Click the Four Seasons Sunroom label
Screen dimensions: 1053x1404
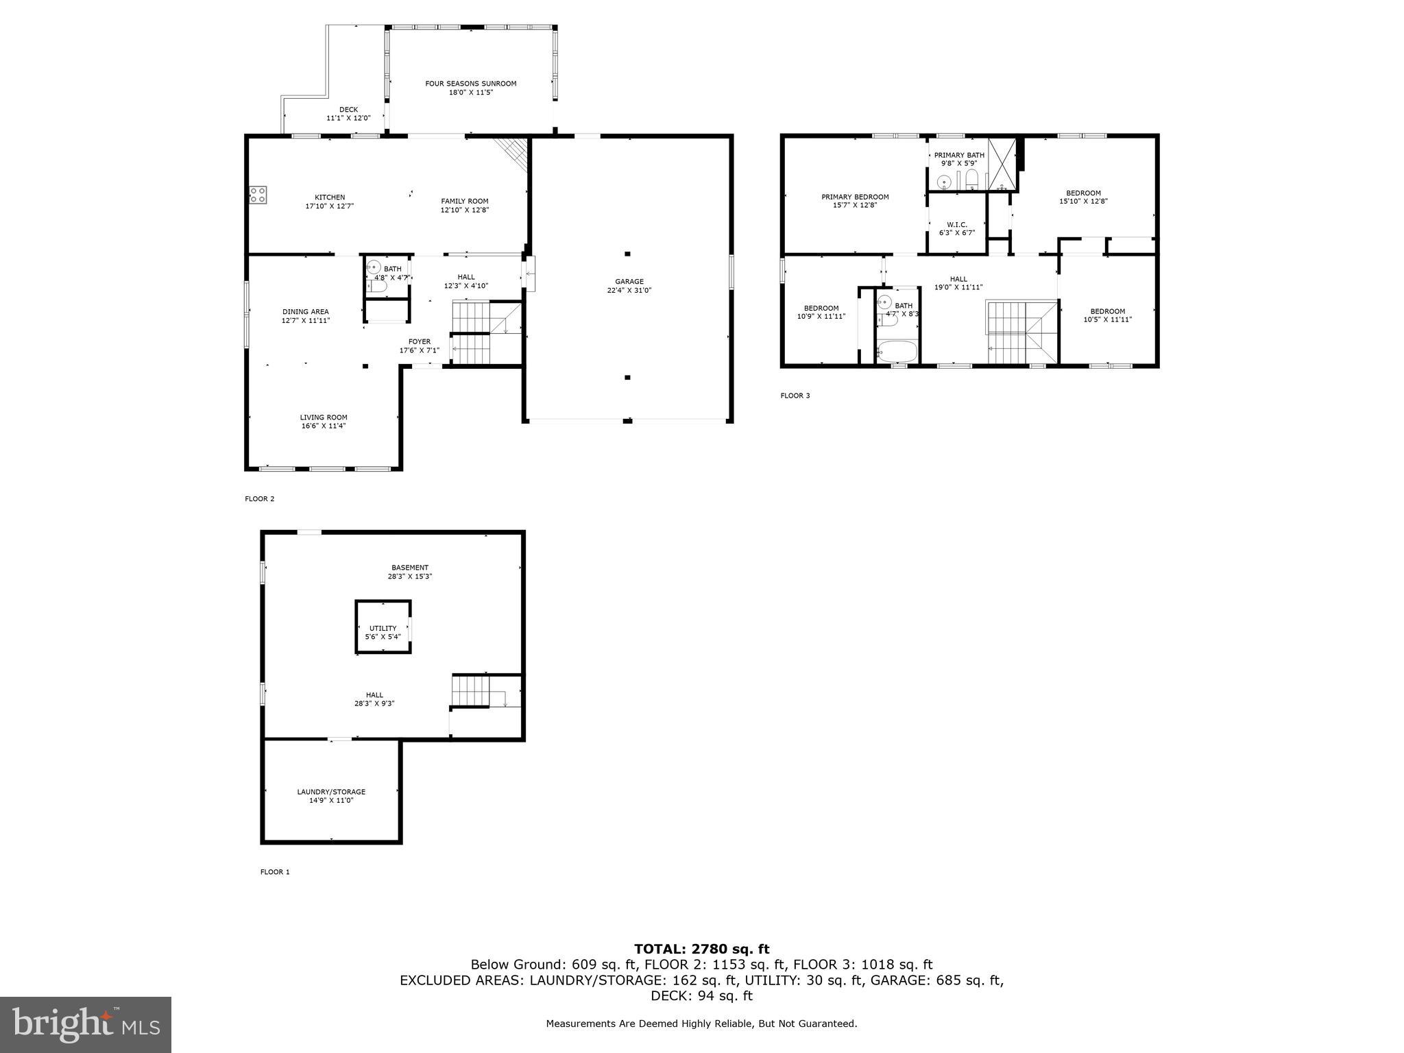click(x=470, y=84)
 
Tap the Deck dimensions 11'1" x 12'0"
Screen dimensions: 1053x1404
click(x=348, y=118)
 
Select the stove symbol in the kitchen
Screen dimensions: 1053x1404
click(x=258, y=194)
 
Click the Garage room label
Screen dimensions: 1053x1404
click(x=629, y=281)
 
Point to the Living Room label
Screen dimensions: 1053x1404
click(x=324, y=417)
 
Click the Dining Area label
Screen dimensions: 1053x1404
click(x=305, y=311)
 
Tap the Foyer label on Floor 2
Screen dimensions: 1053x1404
click(x=420, y=341)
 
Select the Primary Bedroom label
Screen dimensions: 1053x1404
click(x=855, y=197)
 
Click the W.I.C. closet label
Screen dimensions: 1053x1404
click(x=956, y=224)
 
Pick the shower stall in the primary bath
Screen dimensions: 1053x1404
click(x=1002, y=165)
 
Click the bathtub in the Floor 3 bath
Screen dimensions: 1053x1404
click(x=897, y=351)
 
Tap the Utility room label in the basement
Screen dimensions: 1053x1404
click(x=383, y=628)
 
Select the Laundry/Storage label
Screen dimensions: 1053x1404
click(x=331, y=792)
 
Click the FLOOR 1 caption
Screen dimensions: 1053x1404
click(x=275, y=872)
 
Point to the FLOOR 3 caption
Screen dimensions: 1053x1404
click(x=795, y=396)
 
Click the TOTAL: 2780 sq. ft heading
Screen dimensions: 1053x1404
click(x=701, y=949)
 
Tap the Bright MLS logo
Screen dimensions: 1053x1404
click(x=86, y=1024)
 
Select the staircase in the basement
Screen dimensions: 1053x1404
click(x=471, y=691)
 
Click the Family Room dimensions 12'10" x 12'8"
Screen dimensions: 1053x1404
click(x=464, y=210)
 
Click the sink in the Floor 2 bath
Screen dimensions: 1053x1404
click(x=374, y=267)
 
